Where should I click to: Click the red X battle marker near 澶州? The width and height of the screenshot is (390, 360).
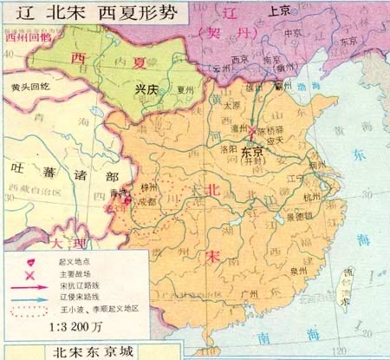[x=251, y=132]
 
